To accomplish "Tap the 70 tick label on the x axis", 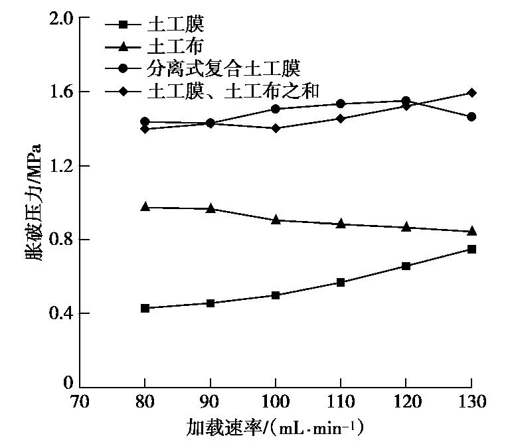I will point(79,402).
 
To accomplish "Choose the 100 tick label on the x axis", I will point(275,402).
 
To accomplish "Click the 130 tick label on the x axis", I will point(471,402).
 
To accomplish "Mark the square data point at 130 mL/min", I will point(471,250).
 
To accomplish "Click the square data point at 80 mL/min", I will point(145,308).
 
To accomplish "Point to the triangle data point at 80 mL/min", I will point(145,207).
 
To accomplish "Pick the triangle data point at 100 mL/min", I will point(275,220).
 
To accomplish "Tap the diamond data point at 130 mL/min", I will point(471,92).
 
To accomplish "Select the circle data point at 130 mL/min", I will point(471,117).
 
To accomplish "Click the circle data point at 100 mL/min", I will point(275,109).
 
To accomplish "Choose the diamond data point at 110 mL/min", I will point(341,119).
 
